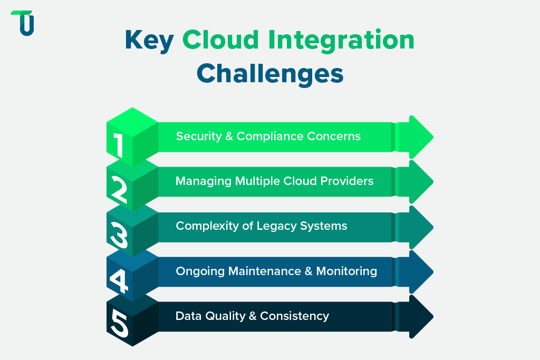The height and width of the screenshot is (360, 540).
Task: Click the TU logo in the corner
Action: pyautogui.click(x=23, y=23)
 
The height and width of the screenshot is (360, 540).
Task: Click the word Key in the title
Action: pyautogui.click(x=149, y=41)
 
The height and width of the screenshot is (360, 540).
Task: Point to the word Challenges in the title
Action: pyautogui.click(x=270, y=73)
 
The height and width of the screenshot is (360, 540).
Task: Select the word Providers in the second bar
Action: pyautogui.click(x=348, y=181)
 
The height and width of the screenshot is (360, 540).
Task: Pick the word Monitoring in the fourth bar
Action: pyautogui.click(x=346, y=271)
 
